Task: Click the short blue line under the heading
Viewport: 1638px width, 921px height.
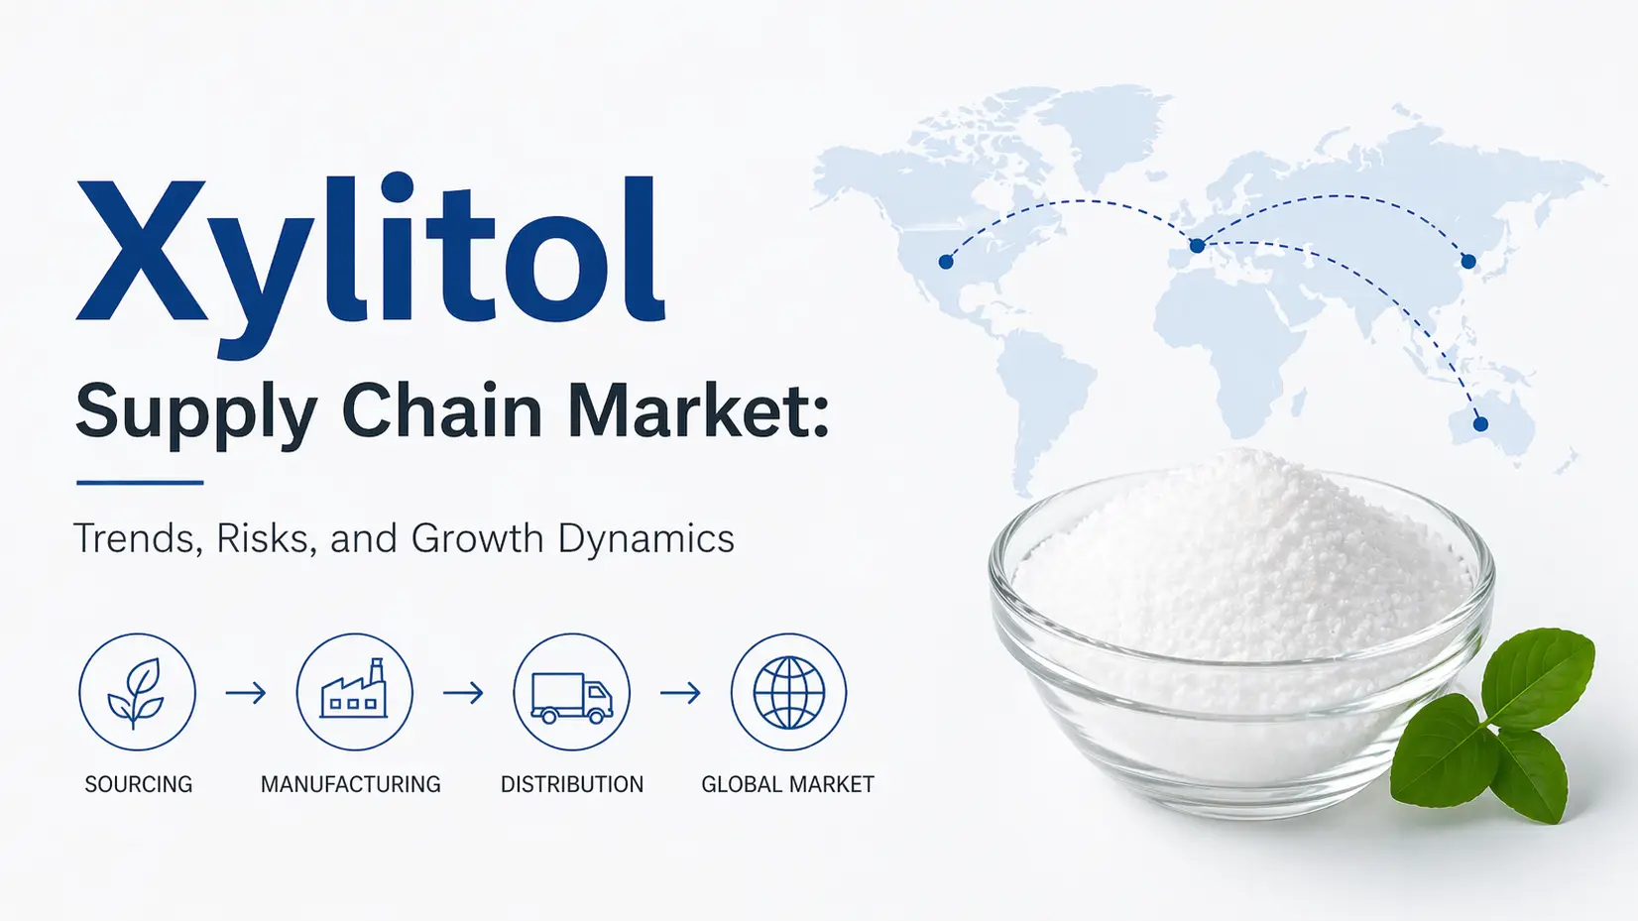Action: click(140, 483)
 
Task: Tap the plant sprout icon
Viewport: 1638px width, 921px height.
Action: click(137, 692)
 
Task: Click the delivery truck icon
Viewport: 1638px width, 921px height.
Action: click(572, 698)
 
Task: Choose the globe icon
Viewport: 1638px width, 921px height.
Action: click(789, 692)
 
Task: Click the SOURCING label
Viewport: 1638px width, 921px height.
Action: click(138, 784)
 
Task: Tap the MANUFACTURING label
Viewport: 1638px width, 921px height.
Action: click(351, 784)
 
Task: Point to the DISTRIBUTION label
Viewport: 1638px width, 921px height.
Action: click(572, 784)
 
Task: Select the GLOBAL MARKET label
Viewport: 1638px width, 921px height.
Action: click(787, 784)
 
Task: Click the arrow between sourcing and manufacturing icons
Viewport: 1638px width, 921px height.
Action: click(246, 692)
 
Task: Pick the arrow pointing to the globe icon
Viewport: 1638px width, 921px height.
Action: click(681, 692)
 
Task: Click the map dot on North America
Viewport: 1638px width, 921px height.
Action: click(946, 262)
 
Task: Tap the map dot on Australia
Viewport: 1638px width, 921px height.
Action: click(1480, 424)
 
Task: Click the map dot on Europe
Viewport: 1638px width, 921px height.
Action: click(1197, 246)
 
